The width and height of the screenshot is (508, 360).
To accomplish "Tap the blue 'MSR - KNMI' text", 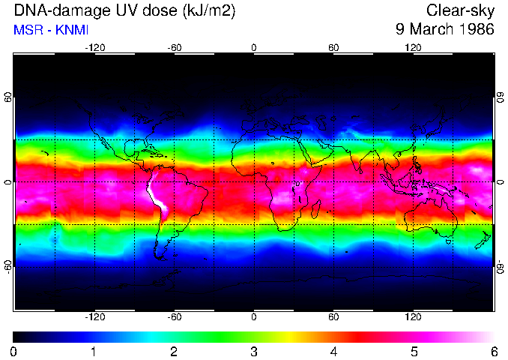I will click(x=51, y=30).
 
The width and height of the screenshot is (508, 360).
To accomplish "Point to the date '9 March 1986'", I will click(x=445, y=30).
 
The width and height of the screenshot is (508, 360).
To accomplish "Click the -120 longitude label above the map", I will click(x=94, y=47).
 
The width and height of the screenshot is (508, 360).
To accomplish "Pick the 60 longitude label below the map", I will click(x=333, y=316).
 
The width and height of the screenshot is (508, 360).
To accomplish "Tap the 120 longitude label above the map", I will click(x=413, y=47).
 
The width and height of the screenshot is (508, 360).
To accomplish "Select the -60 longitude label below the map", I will click(x=174, y=316).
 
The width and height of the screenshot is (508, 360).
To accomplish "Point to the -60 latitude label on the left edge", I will click(x=8, y=266).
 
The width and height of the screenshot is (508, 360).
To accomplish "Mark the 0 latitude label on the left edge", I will click(x=8, y=182).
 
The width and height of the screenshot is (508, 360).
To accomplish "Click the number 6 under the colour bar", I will click(x=494, y=351).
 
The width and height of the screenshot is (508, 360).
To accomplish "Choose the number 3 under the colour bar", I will click(x=254, y=351).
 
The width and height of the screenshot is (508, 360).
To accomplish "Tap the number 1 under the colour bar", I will click(x=94, y=351).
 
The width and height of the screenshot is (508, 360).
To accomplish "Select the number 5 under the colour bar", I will click(x=414, y=351).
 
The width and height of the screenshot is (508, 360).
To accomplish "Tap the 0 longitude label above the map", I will click(x=254, y=47).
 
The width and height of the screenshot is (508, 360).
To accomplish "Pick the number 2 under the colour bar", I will click(x=174, y=351).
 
